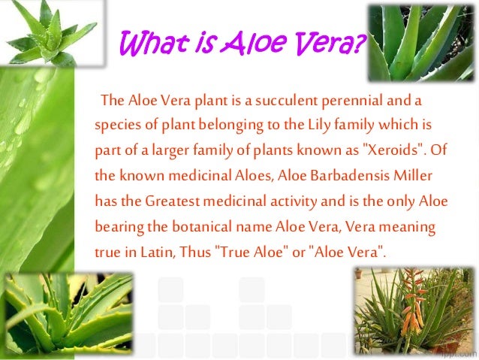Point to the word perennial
coord(348,100)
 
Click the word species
coord(115,124)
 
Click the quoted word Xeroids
coord(396,149)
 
